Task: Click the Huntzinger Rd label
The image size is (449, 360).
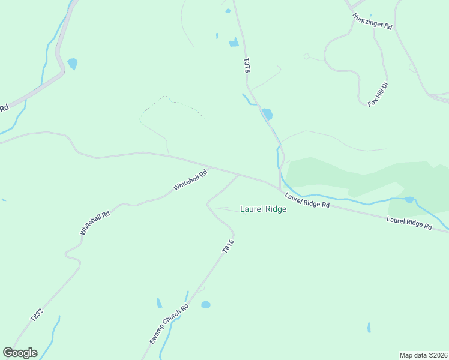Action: [x=372, y=22]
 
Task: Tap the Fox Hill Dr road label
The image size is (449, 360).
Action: [x=378, y=94]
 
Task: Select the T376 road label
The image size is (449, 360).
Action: [x=246, y=65]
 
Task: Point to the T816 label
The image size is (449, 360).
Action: [x=227, y=247]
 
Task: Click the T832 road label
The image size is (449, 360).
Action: [x=37, y=315]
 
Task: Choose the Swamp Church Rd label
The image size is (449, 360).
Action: [x=169, y=323]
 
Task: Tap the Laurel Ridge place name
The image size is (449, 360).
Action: [x=263, y=209]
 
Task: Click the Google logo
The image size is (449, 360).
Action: [x=20, y=353]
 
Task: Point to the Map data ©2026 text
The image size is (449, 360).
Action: [x=423, y=355]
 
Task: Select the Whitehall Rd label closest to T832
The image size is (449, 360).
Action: [x=95, y=223]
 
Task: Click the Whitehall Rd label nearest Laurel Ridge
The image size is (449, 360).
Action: [x=190, y=180]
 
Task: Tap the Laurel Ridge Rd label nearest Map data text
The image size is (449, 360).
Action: [x=409, y=224]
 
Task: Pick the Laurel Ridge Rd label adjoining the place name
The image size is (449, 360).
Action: [x=307, y=200]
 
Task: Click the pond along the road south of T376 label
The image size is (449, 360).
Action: [x=267, y=114]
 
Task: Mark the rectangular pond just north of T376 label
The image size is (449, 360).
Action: [x=234, y=43]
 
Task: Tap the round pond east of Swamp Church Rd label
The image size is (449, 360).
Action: [x=206, y=305]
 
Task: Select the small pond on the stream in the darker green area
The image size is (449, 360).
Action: [x=409, y=200]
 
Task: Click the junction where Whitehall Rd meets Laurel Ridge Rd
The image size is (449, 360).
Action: [x=238, y=175]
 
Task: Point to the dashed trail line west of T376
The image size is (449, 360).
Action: [x=171, y=102]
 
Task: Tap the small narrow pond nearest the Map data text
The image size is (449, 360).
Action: [x=369, y=328]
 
